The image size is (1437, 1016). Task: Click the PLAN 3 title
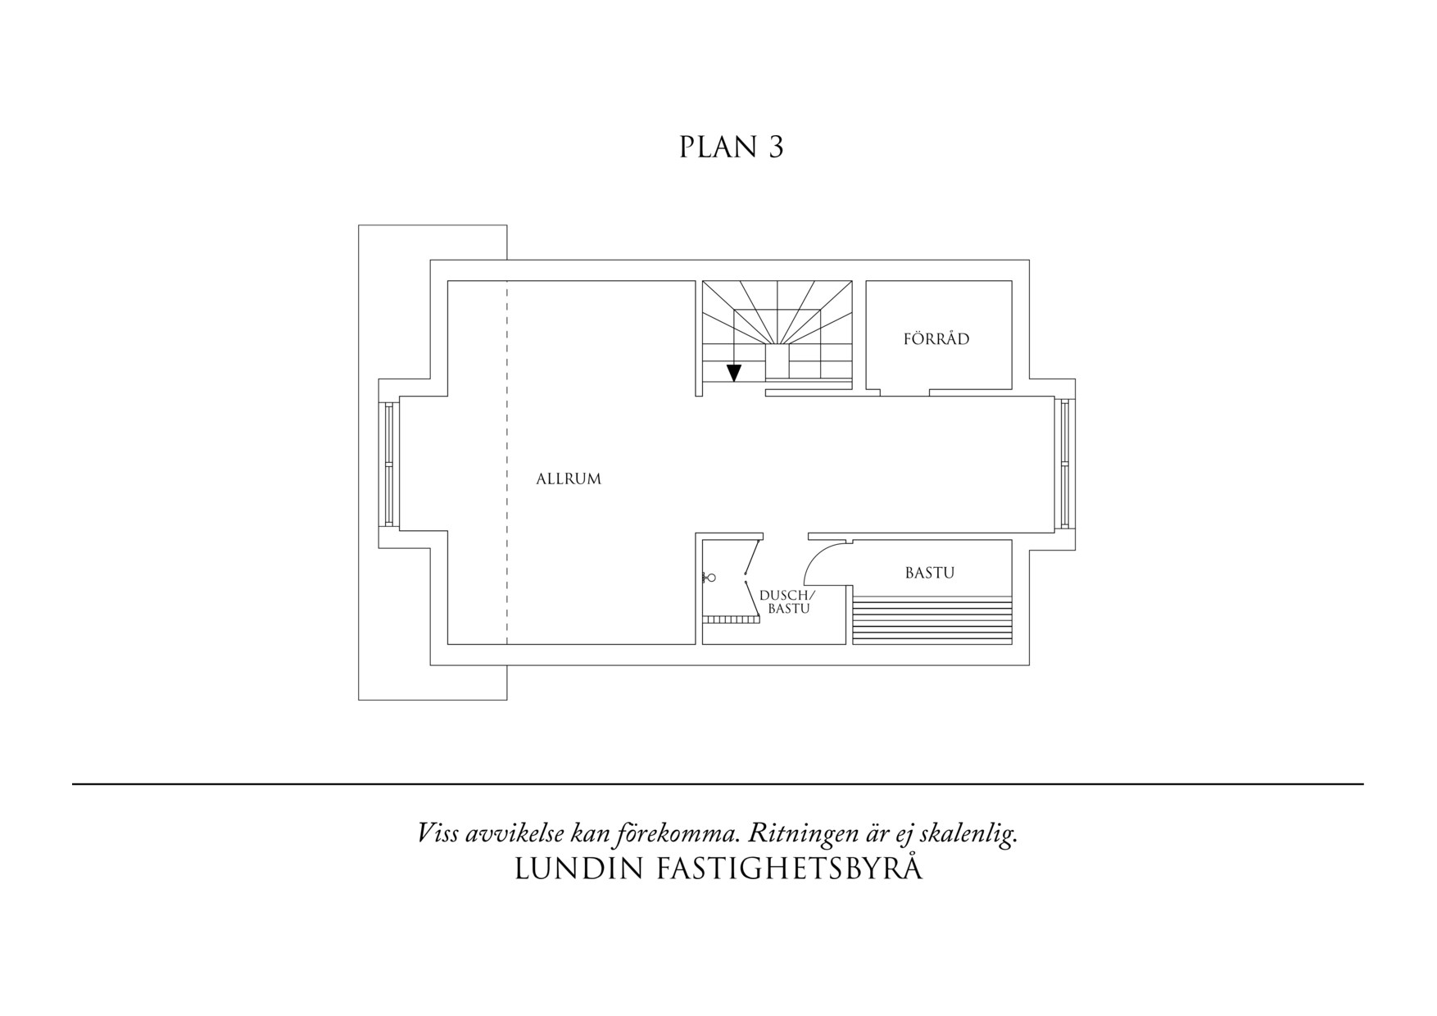[731, 147]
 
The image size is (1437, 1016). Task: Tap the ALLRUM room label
[568, 479]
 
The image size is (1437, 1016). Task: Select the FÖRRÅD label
[936, 339]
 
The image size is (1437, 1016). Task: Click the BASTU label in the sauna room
[929, 574]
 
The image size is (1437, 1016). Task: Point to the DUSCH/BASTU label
[788, 602]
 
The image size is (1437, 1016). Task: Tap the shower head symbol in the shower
[709, 578]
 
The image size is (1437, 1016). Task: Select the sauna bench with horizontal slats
[932, 621]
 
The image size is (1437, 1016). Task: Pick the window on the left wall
[389, 465]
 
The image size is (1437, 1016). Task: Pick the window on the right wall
[1064, 465]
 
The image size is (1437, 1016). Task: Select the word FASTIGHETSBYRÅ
[789, 869]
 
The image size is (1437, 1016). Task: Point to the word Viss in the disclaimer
[437, 834]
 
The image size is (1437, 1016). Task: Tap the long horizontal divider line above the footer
[718, 784]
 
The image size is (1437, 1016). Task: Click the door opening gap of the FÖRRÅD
[904, 392]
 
